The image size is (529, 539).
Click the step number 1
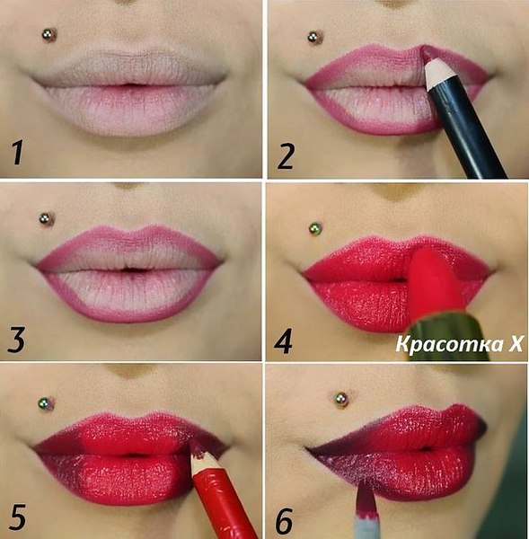pos(17,153)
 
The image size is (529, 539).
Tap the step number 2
pos(286,156)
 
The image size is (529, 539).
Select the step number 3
pos(16,340)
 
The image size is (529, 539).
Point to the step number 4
pos(283,341)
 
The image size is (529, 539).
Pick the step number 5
pos(17,517)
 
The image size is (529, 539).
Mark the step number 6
pos(284,521)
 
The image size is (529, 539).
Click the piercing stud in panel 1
pos(49,35)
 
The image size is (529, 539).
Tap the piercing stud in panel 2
pos(315,38)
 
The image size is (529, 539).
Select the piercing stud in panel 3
pos(47,219)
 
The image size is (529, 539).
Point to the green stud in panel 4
pos(315,228)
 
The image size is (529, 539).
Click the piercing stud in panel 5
pos(46,403)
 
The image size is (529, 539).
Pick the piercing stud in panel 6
pos(341,400)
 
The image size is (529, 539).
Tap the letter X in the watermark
pos(516,344)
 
